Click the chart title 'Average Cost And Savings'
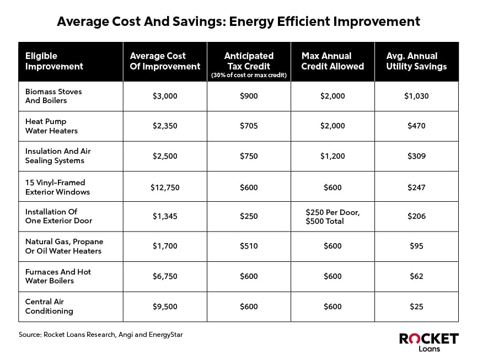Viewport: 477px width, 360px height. point(238,22)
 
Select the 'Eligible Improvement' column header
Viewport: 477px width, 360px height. point(54,61)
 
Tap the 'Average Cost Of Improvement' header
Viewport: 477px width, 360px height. point(165,61)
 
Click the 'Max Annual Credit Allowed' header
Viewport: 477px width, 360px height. point(333,61)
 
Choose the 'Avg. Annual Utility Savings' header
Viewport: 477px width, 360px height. point(416,61)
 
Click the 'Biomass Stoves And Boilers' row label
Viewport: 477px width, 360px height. point(53,96)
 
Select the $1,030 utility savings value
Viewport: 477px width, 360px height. point(416,96)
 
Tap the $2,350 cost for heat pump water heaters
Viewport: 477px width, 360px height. point(165,126)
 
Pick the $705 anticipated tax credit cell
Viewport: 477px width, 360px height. point(249,126)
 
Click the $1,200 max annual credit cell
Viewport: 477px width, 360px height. point(333,156)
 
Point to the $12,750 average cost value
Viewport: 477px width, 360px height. point(165,187)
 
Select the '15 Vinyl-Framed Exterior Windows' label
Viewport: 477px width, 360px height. point(55,187)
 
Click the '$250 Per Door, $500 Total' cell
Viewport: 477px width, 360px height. point(333,217)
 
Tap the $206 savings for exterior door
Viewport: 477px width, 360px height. point(416,217)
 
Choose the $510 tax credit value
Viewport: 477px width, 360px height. point(249,246)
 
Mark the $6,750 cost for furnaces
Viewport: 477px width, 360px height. point(165,276)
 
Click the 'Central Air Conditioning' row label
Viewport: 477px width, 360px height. point(49,307)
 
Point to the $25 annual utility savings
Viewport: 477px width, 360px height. point(416,307)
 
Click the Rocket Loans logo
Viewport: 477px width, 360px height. point(428,342)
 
